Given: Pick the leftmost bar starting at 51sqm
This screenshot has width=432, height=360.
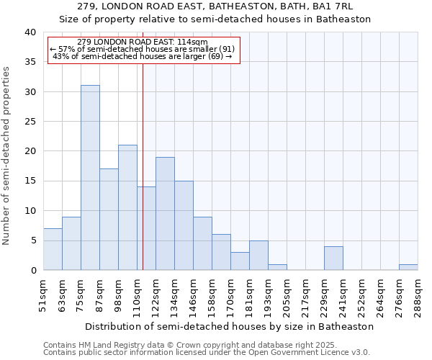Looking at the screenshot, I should tap(53, 249).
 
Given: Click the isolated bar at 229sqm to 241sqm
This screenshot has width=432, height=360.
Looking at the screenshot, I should tap(333, 258).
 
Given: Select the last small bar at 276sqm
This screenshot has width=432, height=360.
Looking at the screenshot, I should tap(408, 267).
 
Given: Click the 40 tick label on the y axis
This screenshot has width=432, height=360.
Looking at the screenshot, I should tap(30, 32).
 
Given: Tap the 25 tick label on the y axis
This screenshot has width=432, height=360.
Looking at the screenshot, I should tap(30, 122).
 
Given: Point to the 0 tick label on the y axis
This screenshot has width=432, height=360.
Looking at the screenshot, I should tap(33, 270).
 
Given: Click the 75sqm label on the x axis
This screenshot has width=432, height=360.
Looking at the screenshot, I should tap(81, 294).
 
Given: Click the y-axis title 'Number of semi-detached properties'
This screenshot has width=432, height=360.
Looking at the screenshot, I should tap(7, 156).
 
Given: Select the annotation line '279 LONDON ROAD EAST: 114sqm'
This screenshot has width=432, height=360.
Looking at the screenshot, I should tap(142, 42).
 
